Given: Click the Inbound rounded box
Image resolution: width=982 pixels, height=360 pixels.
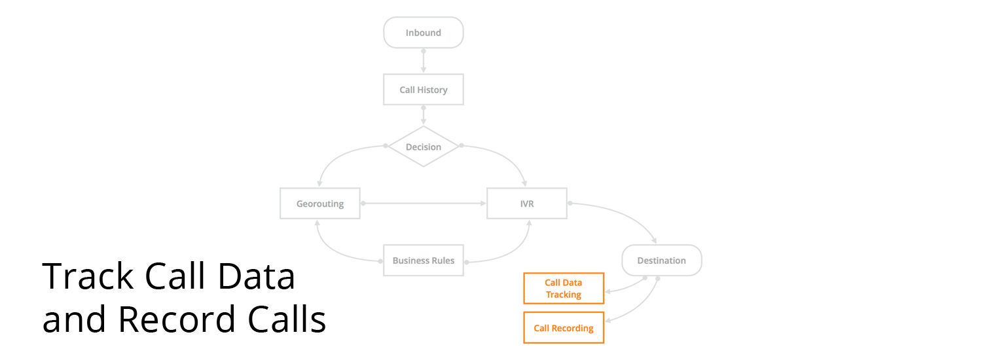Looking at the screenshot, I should click(x=424, y=33).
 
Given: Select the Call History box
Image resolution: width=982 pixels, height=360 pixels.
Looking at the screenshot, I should click(x=424, y=90).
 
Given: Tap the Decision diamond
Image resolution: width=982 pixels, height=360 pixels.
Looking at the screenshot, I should click(x=424, y=147).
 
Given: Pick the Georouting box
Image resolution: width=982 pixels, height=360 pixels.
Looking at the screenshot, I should click(x=319, y=204).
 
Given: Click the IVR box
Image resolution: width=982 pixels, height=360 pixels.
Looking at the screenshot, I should click(x=527, y=204).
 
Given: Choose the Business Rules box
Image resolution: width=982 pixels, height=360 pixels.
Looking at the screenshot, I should click(x=424, y=261).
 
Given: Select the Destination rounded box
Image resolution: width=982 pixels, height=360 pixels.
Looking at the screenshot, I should click(x=661, y=261).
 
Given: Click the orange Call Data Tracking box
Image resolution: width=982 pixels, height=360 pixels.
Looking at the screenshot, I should click(x=564, y=289).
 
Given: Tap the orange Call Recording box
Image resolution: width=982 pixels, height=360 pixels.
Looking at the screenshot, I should click(x=564, y=328).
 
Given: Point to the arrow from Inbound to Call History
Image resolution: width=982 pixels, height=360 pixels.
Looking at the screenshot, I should click(x=424, y=60).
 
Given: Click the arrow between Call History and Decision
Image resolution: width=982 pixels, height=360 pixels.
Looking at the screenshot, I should click(x=424, y=115).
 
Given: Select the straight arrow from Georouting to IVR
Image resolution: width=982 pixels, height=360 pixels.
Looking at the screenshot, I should click(x=424, y=204).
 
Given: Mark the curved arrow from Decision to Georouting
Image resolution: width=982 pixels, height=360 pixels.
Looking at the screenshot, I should click(x=337, y=157).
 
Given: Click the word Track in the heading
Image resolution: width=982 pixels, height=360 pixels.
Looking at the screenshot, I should click(x=88, y=277).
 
